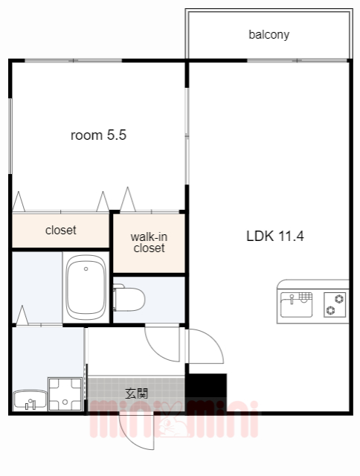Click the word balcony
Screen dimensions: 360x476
click(x=269, y=35)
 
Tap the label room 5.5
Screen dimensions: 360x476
click(x=98, y=135)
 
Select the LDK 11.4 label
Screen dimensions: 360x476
click(x=275, y=236)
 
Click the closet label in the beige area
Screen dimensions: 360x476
click(x=61, y=230)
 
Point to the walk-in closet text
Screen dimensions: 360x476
click(x=149, y=242)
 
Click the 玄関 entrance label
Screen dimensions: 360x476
click(x=137, y=393)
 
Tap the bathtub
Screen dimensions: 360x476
click(x=86, y=287)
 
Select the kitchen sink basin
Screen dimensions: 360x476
click(x=296, y=304)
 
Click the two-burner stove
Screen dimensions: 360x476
click(x=335, y=304)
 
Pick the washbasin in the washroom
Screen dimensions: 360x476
click(x=30, y=399)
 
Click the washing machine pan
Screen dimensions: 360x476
click(x=65, y=394)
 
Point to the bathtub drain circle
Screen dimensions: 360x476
click(x=86, y=269)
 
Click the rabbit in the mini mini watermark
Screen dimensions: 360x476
click(x=173, y=420)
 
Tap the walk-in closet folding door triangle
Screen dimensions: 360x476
click(x=128, y=199)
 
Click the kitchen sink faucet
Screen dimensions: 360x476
click(x=292, y=299)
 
